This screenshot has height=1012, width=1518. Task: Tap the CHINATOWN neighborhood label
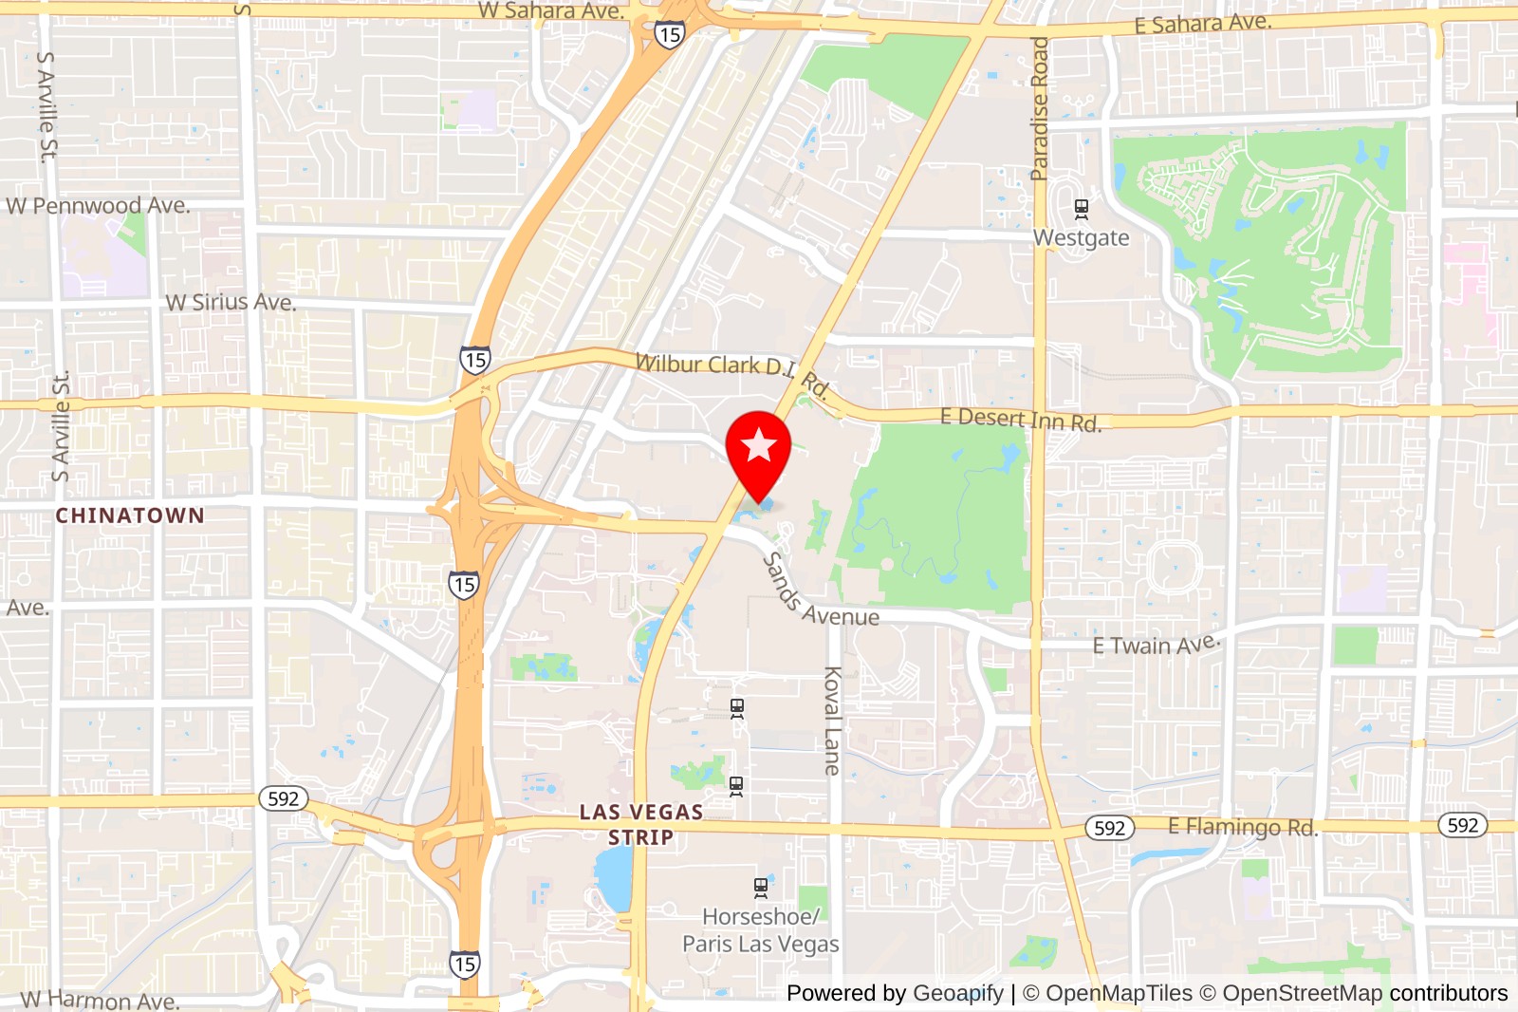pos(130,515)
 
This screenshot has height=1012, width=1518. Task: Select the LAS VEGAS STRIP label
pos(641,824)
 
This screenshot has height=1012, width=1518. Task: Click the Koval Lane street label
pos(832,721)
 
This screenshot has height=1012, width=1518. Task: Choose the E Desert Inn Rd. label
pos(1021,419)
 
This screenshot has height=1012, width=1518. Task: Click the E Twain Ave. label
pos(1156,645)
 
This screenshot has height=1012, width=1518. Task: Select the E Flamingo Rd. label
pos(1243,827)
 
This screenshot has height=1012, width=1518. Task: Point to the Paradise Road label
pos(1040,108)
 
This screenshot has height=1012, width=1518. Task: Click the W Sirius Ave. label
pos(231,303)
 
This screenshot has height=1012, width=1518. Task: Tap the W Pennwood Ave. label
pos(98,206)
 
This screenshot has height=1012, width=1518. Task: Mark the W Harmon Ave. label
pos(100,1000)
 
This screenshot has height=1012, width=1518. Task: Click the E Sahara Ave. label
pos(1203,23)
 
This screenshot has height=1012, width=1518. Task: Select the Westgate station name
pos(1082,238)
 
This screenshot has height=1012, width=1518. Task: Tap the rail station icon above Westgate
pos(1081,209)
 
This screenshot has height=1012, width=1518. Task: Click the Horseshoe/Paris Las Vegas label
pos(760,930)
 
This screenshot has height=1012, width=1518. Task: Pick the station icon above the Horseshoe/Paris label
pos(761,889)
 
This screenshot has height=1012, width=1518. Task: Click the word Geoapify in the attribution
pos(958,993)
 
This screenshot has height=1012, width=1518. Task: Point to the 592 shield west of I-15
pos(284,798)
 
